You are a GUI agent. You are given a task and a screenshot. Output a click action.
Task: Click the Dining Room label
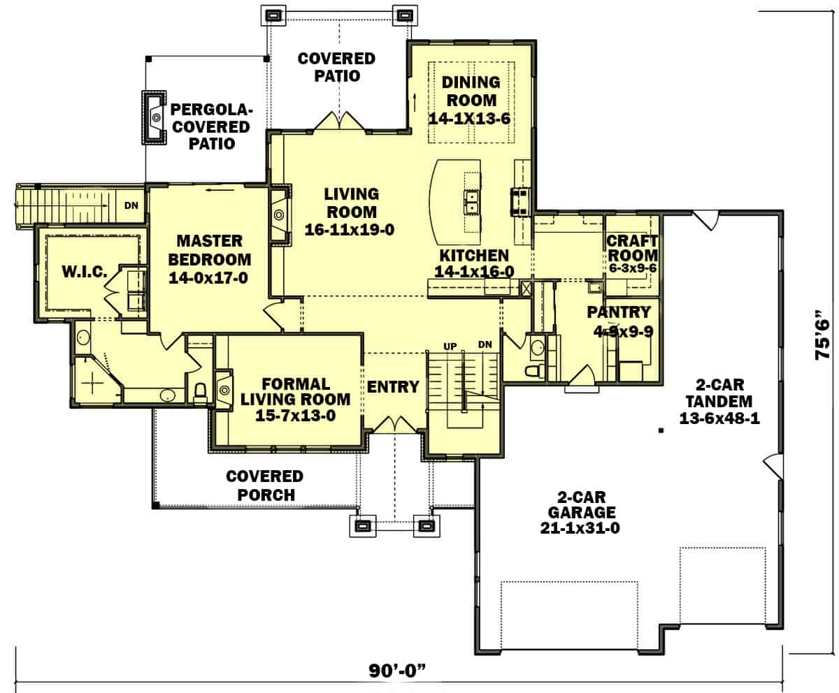[x=469, y=91]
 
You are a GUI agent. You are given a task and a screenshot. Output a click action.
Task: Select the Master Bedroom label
[x=209, y=250]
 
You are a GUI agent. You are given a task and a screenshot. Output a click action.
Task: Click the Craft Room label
[x=632, y=247]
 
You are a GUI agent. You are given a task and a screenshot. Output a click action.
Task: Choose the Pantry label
[x=619, y=312]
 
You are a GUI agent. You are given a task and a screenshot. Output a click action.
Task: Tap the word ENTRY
[x=393, y=387]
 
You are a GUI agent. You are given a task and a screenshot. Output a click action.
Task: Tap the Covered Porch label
[x=264, y=486]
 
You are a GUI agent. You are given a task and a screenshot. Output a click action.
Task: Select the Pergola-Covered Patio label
[x=211, y=126]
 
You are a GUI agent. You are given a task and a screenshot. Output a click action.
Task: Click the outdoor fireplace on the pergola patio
[x=154, y=117]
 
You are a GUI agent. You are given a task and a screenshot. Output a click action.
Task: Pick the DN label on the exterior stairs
[x=131, y=205]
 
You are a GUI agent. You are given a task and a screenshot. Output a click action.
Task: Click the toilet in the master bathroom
[x=199, y=393]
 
